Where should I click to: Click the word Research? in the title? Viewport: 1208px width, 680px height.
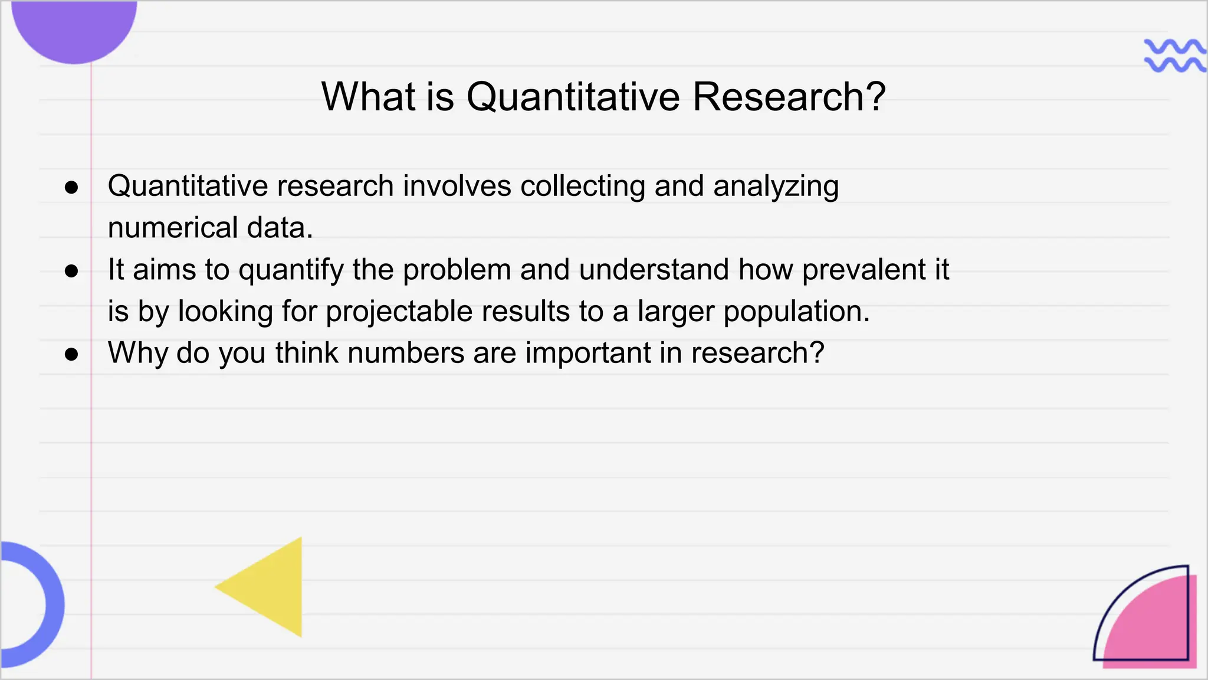[789, 96]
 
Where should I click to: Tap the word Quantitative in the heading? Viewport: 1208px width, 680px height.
[573, 96]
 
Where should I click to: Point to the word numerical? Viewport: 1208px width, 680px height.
[172, 228]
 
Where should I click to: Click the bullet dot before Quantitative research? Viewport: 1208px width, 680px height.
[71, 188]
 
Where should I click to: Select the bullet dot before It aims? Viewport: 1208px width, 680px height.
[71, 271]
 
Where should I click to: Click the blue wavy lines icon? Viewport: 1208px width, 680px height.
[1174, 55]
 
